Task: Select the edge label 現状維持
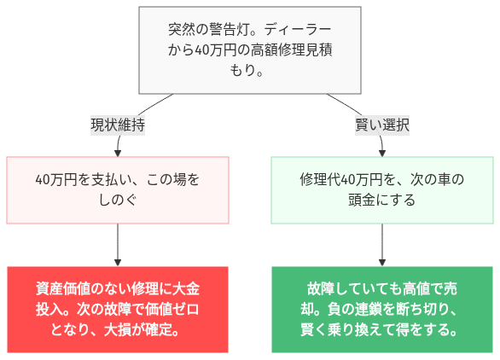pos(117,125)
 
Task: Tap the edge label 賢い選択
pos(382,125)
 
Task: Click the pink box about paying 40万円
pos(117,189)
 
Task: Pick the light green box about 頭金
pos(381,189)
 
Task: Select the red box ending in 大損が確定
pos(117,309)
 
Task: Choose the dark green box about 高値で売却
pos(381,309)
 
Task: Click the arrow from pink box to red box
pos(117,245)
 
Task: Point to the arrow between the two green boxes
pos(381,245)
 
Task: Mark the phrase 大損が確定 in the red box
pos(142,329)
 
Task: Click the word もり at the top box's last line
pos(239,70)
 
